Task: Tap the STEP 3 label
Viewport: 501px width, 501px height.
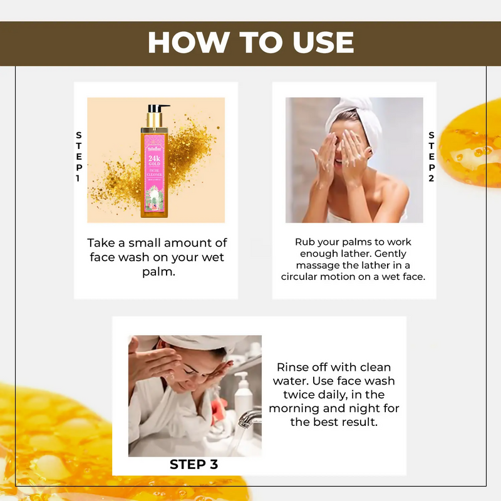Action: click(194, 465)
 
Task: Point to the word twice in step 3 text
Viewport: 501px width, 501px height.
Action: click(301, 395)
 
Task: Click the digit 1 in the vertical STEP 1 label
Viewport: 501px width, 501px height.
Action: click(78, 179)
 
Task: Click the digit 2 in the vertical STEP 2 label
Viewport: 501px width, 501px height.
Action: click(431, 179)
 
